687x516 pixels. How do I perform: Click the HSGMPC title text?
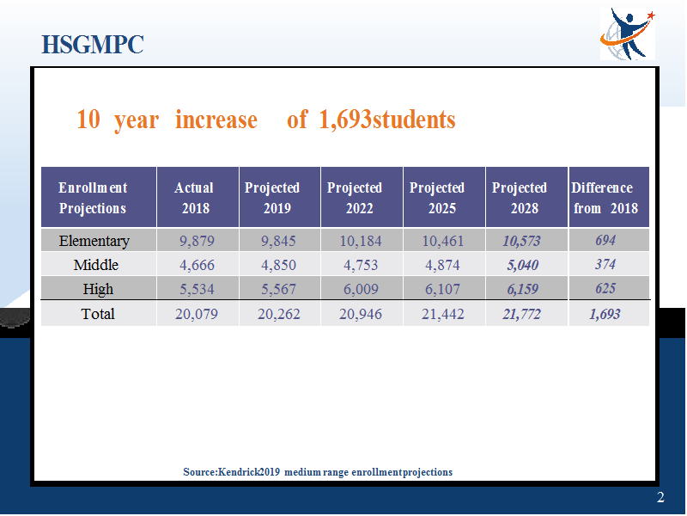(93, 45)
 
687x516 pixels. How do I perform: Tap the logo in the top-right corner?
(628, 34)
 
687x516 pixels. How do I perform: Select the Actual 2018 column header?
(194, 198)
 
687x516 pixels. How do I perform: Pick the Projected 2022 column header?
(355, 198)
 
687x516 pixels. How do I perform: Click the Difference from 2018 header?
(605, 198)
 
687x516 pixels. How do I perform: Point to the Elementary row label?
(94, 241)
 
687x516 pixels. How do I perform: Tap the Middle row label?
(96, 265)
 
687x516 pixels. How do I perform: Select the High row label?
(98, 289)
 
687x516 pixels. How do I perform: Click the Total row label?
(98, 314)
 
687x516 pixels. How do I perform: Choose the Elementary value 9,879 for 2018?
(197, 241)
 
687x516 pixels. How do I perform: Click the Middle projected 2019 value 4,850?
(278, 265)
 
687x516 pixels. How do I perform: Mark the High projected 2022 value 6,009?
(361, 289)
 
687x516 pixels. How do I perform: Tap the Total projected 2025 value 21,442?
(442, 314)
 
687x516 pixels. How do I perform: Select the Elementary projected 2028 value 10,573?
(521, 241)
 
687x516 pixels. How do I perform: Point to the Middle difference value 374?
(605, 264)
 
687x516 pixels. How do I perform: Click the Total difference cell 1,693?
(605, 314)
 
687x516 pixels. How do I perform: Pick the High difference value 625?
(605, 288)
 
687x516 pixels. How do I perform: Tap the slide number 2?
(660, 498)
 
